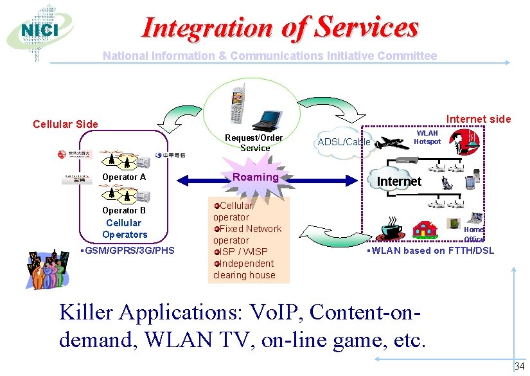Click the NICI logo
(x=39, y=31)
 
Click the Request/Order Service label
(x=254, y=143)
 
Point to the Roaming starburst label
(x=256, y=177)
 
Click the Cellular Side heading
(x=66, y=124)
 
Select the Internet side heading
(x=479, y=119)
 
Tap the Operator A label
(x=124, y=177)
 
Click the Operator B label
(x=124, y=210)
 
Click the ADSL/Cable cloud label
(x=344, y=141)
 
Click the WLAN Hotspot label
(x=427, y=137)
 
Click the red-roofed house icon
(x=425, y=229)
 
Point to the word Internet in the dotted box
(x=399, y=181)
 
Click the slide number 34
(x=519, y=367)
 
